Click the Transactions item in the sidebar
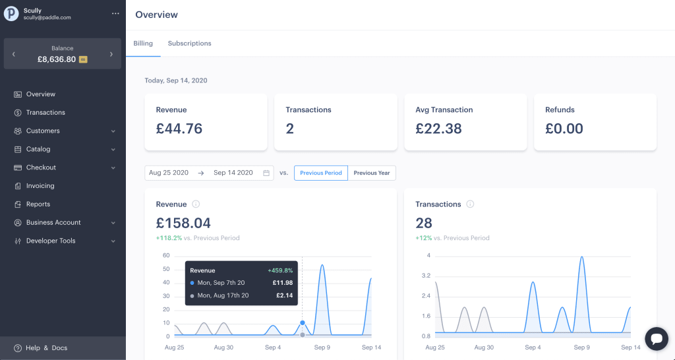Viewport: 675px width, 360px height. tap(45, 113)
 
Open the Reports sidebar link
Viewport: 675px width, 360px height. tap(38, 204)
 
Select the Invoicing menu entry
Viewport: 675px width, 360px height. tap(40, 186)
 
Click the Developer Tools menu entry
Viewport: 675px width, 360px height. tap(51, 241)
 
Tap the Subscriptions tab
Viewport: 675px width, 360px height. tap(189, 44)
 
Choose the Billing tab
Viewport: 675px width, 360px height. tap(143, 44)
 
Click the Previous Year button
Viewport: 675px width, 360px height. tap(371, 173)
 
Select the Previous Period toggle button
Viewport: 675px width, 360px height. tap(320, 173)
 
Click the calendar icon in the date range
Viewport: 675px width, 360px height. tap(266, 173)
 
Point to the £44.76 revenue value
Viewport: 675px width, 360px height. tap(179, 129)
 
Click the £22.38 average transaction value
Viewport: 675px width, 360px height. tap(438, 129)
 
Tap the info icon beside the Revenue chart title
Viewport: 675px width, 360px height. tap(196, 204)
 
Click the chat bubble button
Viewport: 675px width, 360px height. tap(656, 339)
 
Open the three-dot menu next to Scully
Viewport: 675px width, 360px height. tap(116, 13)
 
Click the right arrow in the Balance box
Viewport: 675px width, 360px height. tap(111, 54)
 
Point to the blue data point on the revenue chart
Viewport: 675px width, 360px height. tap(303, 322)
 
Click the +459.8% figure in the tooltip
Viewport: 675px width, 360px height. tap(280, 270)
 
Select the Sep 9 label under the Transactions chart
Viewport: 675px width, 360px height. tap(581, 347)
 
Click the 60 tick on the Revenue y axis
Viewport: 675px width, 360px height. tap(166, 256)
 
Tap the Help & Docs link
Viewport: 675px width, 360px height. tap(46, 348)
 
